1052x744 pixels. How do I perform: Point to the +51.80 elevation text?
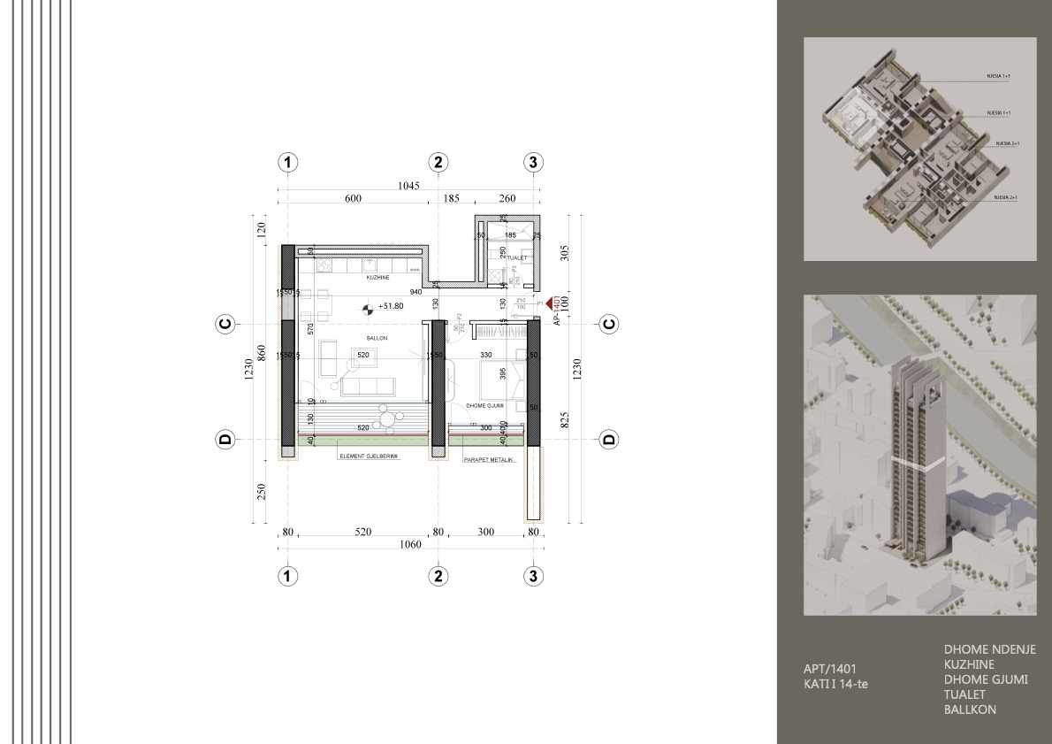pyautogui.click(x=390, y=307)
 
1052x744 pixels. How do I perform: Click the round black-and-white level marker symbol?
pyautogui.click(x=367, y=308)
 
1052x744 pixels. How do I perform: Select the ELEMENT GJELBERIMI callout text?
pyautogui.click(x=370, y=457)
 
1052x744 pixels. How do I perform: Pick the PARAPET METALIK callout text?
pyautogui.click(x=489, y=460)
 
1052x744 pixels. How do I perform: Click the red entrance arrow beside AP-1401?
pyautogui.click(x=550, y=303)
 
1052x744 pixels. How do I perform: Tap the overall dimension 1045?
pyautogui.click(x=408, y=187)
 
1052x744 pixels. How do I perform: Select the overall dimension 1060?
pyautogui.click(x=408, y=545)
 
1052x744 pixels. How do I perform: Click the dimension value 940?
pyautogui.click(x=415, y=291)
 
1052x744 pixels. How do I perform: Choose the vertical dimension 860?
pyautogui.click(x=261, y=352)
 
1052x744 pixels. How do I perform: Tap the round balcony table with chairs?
pyautogui.click(x=387, y=413)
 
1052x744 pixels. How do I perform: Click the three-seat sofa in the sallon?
pyautogui.click(x=370, y=386)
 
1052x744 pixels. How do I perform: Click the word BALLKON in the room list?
pyautogui.click(x=970, y=709)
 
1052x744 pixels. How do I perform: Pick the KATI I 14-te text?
pyautogui.click(x=830, y=684)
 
